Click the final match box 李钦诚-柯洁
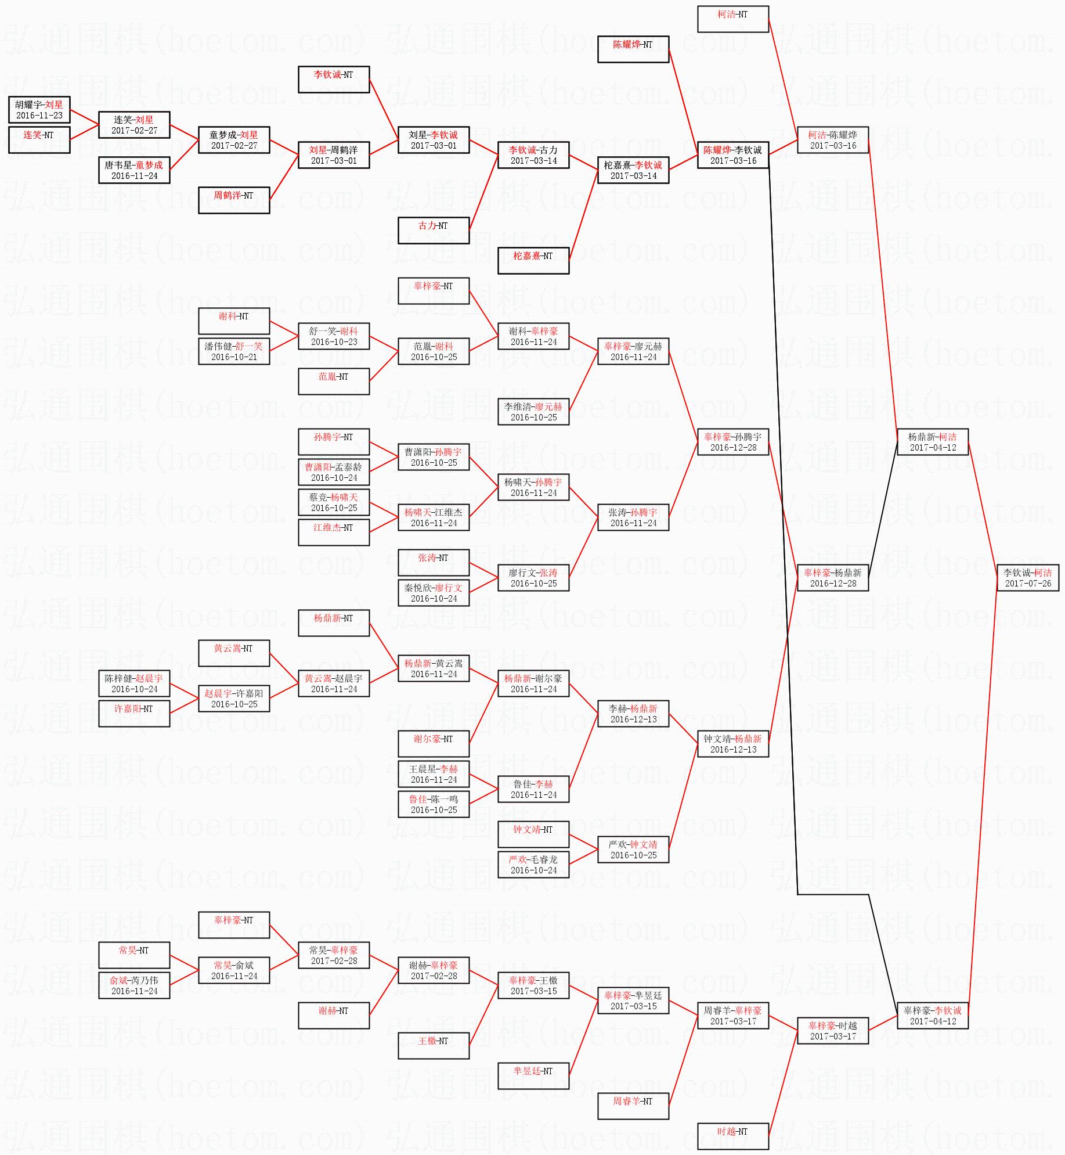pyautogui.click(x=1027, y=577)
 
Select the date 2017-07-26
pyautogui.click(x=1028, y=584)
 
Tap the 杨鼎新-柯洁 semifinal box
pyautogui.click(x=933, y=441)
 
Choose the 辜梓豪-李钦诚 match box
pyautogui.click(x=933, y=1015)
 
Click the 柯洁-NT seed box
pyautogui.click(x=733, y=19)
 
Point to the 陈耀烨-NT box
pyautogui.click(x=633, y=49)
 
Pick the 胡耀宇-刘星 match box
pyautogui.click(x=39, y=109)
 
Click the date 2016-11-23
pyautogui.click(x=39, y=116)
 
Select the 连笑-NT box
pyautogui.click(x=39, y=139)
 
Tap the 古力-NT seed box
pyautogui.click(x=434, y=230)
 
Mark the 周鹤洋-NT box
pyautogui.click(x=234, y=200)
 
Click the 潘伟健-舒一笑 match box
pyautogui.click(x=234, y=351)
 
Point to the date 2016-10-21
pyautogui.click(x=234, y=357)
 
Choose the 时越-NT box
pyautogui.click(x=733, y=1136)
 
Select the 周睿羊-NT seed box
pyautogui.click(x=633, y=1106)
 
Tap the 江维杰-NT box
pyautogui.click(x=334, y=532)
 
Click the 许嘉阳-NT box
pyautogui.click(x=134, y=713)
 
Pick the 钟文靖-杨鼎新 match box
pyautogui.click(x=733, y=743)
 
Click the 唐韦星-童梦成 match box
pyautogui.click(x=134, y=170)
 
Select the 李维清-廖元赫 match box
pyautogui.click(x=533, y=411)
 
